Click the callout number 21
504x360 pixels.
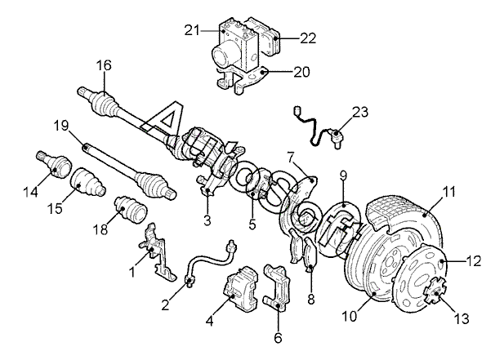192,30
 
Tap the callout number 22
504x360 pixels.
308,38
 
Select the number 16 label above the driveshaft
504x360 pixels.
104,65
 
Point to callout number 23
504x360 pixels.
360,113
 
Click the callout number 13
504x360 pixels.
462,319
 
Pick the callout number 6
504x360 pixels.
278,338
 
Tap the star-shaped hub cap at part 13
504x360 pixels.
435,291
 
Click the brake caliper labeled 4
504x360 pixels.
241,288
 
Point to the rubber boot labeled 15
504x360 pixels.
87,181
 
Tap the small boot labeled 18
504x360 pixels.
131,209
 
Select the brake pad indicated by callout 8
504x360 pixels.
311,255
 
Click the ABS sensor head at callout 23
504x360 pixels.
337,135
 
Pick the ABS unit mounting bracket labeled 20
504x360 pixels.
239,78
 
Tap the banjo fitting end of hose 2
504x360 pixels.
190,282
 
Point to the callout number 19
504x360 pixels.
61,126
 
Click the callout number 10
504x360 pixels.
350,316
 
